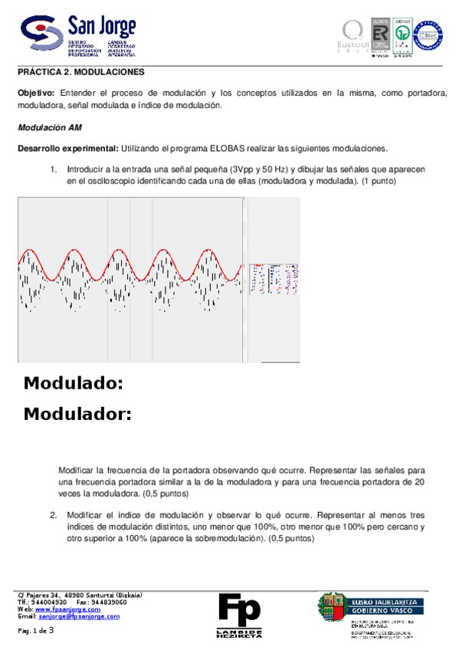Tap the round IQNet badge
click(428, 36)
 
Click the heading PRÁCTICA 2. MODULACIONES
click(81, 71)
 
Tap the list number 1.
click(54, 169)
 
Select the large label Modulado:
click(74, 383)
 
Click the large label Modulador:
click(77, 415)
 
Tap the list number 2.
click(54, 515)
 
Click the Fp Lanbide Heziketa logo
click(239, 614)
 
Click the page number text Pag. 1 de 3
click(36, 630)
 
